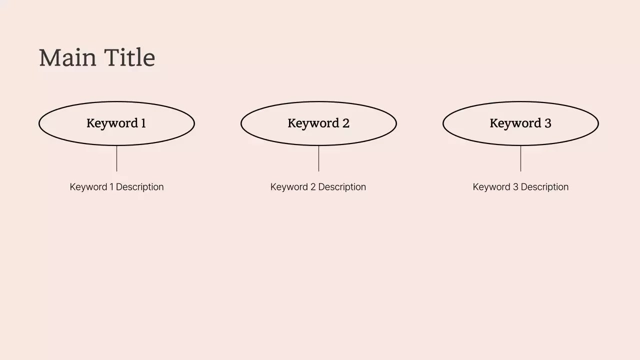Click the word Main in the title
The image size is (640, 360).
tap(67, 58)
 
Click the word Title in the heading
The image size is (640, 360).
tap(130, 58)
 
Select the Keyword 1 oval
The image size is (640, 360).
tap(116, 135)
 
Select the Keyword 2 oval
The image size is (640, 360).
tap(318, 135)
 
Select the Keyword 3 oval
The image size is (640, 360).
tap(520, 135)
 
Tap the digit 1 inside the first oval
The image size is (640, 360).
tap(143, 123)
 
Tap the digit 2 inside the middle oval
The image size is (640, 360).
tap(346, 123)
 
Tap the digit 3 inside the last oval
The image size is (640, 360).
tap(548, 123)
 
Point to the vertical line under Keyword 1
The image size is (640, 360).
tap(116, 158)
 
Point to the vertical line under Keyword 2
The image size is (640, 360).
tap(318, 158)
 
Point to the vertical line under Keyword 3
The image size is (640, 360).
tap(520, 158)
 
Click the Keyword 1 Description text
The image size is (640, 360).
tap(116, 187)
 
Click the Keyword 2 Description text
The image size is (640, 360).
tap(318, 187)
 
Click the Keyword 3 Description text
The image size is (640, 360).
tap(520, 187)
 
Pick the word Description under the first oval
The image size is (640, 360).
tap(139, 187)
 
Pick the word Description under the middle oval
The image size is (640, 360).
tap(342, 187)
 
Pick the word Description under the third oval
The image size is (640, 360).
tap(544, 187)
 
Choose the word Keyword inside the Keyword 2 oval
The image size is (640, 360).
tap(313, 123)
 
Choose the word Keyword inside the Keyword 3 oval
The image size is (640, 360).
tap(515, 123)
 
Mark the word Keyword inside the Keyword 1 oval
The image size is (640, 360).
tap(112, 123)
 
